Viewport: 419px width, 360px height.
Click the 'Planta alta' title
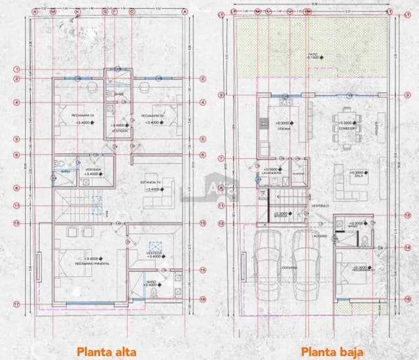107,351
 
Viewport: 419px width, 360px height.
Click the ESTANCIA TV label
150,183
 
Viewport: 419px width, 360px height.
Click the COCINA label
283,129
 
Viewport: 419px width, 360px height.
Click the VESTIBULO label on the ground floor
320,206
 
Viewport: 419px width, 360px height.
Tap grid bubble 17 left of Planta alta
17,304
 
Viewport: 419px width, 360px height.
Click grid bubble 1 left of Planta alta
17,70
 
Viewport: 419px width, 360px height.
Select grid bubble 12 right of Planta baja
407,215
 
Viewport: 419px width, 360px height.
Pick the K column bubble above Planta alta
77,12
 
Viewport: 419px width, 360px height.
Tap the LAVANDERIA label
274,174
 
